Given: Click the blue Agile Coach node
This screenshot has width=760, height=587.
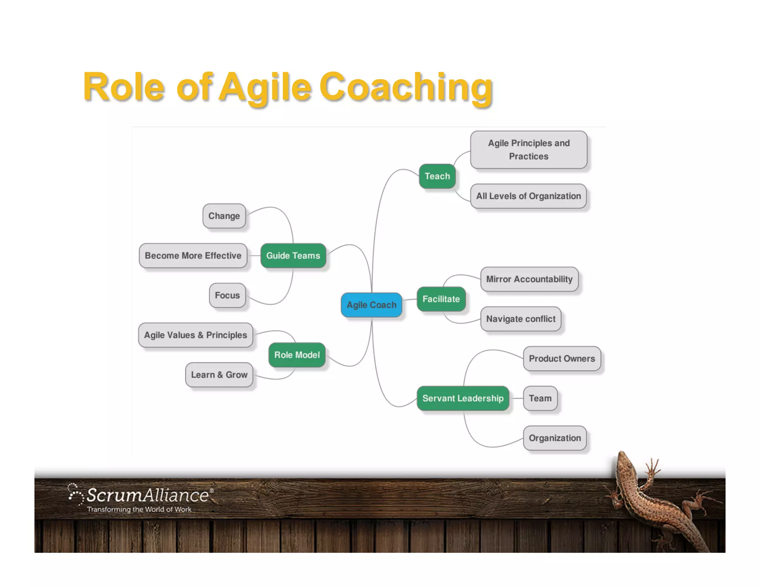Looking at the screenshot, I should [x=371, y=305].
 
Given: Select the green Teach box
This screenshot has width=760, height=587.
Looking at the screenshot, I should [x=437, y=176].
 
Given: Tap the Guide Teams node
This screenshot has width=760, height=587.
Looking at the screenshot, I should [x=293, y=255].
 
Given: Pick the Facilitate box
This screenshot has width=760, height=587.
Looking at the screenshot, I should [x=441, y=299].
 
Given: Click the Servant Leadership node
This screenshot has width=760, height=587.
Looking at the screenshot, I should [x=463, y=398].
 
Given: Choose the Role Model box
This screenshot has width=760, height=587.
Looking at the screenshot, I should [x=297, y=355].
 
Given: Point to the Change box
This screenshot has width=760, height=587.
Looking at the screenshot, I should [x=224, y=216].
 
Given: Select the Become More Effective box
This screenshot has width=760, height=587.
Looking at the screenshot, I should [x=193, y=255].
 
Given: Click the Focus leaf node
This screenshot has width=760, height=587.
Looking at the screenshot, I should [x=227, y=295].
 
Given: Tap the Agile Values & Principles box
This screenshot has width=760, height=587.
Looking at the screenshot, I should [x=195, y=335].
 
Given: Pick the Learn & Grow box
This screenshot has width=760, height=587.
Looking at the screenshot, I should [x=219, y=374].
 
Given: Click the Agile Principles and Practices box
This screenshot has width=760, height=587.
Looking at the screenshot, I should [x=528, y=150].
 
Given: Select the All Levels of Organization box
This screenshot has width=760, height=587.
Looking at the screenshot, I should [x=528, y=196].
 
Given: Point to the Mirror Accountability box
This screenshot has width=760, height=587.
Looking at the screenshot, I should [x=529, y=279].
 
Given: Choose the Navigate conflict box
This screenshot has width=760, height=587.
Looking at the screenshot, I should [x=521, y=319].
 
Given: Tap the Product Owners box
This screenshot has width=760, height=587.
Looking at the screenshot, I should [x=561, y=358].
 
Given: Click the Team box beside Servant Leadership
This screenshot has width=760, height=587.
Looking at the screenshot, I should [x=540, y=398].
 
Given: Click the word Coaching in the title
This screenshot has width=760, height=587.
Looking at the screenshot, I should [x=406, y=87].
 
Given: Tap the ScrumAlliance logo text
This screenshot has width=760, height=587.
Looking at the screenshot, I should [x=148, y=495].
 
